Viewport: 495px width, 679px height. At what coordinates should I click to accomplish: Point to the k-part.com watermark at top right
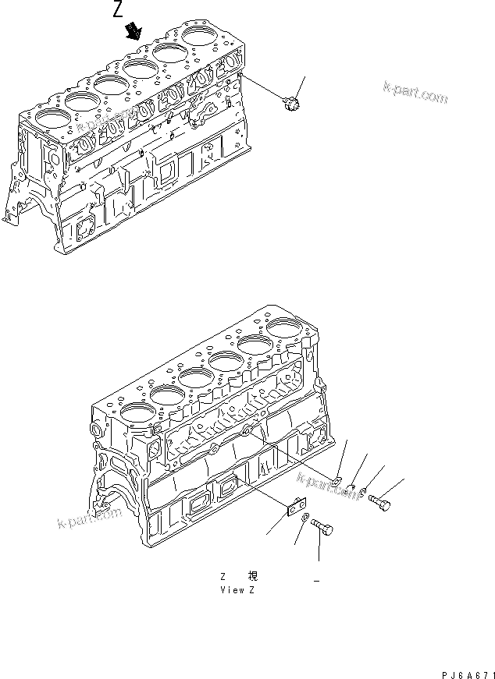(415, 93)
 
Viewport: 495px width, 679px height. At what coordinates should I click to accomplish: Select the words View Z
(237, 590)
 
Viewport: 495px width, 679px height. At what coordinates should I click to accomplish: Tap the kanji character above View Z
(252, 577)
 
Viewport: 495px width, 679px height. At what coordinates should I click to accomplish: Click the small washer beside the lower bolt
(306, 521)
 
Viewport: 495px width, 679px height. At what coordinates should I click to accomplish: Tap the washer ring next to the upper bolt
(365, 493)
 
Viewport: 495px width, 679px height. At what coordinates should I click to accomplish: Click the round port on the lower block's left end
(97, 430)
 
